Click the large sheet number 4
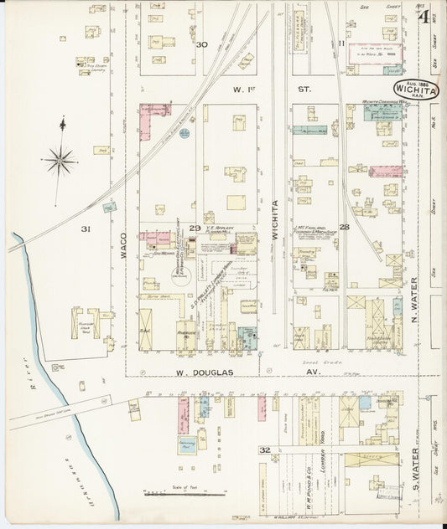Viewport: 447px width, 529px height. click(427, 17)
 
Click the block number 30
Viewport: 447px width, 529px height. click(201, 44)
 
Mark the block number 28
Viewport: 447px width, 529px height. click(344, 227)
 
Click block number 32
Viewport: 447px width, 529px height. click(264, 449)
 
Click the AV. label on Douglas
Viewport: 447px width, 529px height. click(312, 370)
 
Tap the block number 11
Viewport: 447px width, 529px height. click(340, 44)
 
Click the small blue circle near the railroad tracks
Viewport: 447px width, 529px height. click(185, 132)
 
